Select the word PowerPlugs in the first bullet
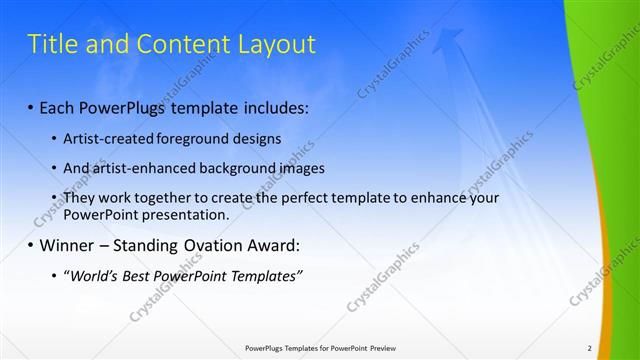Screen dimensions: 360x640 pyautogui.click(x=131, y=106)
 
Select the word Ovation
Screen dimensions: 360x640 pyautogui.click(x=214, y=245)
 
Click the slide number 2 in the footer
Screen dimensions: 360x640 pyautogui.click(x=590, y=348)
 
